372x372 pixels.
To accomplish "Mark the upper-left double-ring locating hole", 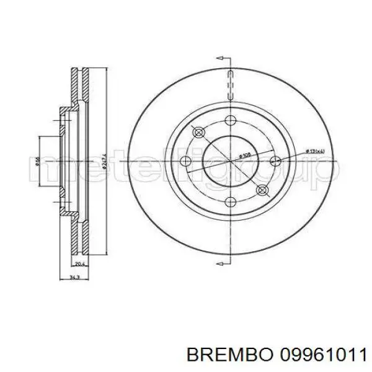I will [x=199, y=133].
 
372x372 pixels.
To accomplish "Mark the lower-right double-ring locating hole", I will [x=261, y=190].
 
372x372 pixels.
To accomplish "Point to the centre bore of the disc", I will [x=230, y=161].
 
